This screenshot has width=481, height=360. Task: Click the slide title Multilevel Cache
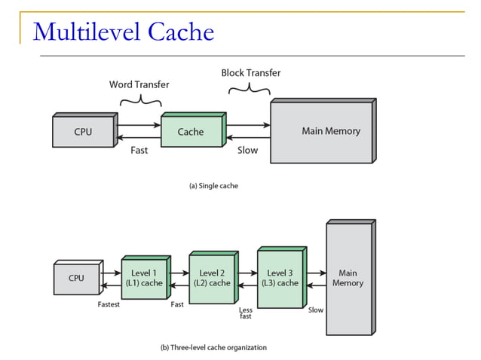coord(124,32)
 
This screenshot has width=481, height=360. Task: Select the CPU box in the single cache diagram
coord(83,132)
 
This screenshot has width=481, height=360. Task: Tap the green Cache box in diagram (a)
coord(191,132)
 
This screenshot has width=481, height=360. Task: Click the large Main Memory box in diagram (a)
coord(322,131)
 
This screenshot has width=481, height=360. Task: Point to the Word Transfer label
coord(139,84)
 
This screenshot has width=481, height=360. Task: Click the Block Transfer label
coord(251,73)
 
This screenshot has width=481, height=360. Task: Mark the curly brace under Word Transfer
coord(140,99)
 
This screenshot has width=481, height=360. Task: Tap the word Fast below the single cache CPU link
coord(139,150)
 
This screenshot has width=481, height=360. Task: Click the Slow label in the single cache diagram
coord(247,150)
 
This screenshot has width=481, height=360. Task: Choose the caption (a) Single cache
coord(213,185)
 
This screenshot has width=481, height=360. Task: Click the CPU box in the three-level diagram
coord(76,278)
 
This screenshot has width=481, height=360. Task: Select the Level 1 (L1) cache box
coord(143,278)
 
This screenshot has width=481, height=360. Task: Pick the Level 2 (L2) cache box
coord(211,278)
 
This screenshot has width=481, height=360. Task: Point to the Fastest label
coord(109,305)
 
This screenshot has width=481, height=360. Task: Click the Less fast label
coord(245,313)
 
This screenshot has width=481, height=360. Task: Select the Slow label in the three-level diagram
coord(315,310)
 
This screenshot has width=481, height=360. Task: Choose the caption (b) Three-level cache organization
coord(213,347)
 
